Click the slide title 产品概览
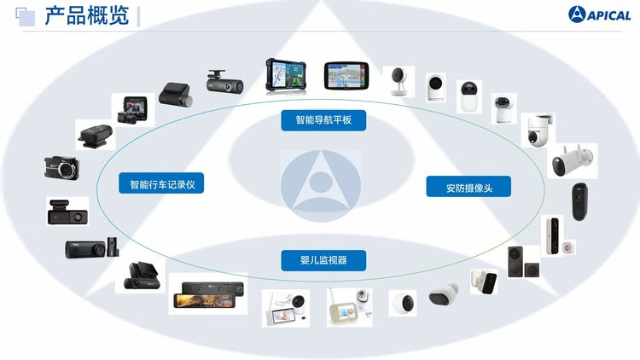coord(87,16)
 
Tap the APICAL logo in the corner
coord(599,15)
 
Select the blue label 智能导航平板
coord(323,120)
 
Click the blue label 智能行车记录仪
coord(161,183)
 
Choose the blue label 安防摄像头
coord(468,187)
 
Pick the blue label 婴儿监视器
coord(323,260)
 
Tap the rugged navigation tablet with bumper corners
coord(286,77)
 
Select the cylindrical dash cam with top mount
coord(225,81)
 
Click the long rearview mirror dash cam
coord(208,294)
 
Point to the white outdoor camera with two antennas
coord(572,160)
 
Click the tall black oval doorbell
coord(579,201)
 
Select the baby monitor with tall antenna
coord(349,307)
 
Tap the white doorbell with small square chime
coord(558,237)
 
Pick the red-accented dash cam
coord(67,212)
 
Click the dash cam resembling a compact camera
coord(61,168)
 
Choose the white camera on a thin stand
coord(399,81)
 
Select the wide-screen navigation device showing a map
coord(346,76)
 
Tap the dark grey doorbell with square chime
coord(523,262)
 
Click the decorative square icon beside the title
coord(26,17)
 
